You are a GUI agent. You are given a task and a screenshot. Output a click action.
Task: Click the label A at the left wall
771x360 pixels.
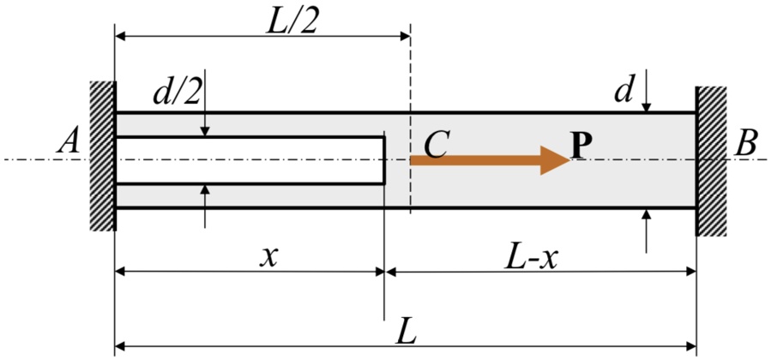coord(68,143)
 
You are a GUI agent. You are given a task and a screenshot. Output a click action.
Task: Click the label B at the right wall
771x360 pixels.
coord(745,144)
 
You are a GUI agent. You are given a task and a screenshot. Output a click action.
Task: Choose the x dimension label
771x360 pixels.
coord(273,255)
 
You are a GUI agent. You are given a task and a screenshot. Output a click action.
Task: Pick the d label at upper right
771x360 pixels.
coord(623,90)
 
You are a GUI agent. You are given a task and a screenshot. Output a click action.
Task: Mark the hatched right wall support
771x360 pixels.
coord(711,161)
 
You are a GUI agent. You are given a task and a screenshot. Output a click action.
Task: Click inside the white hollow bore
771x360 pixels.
coord(249,160)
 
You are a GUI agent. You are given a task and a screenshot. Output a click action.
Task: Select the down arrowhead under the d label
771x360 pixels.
coord(648,105)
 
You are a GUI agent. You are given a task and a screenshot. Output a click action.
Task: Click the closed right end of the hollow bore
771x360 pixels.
coord(382,160)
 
